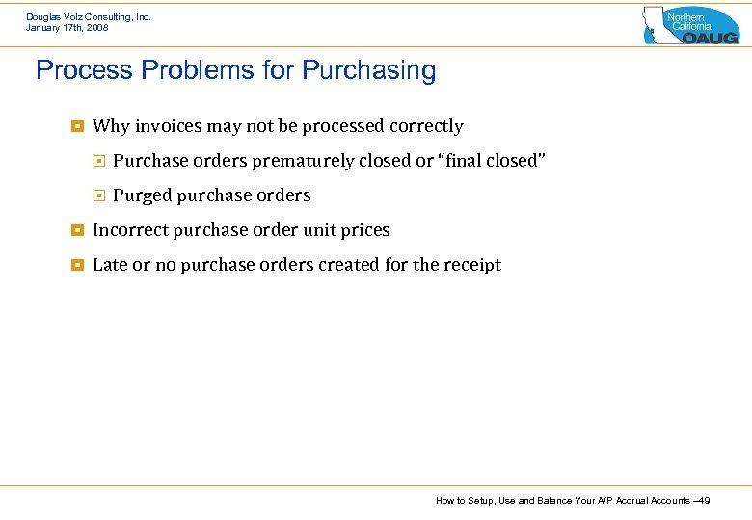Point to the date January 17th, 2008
67,28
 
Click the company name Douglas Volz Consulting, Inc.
88,16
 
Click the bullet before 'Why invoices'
77,126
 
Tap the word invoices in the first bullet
170,126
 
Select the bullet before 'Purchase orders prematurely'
98,161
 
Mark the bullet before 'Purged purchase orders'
98,195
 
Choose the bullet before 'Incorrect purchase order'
77,230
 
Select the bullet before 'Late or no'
77,265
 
